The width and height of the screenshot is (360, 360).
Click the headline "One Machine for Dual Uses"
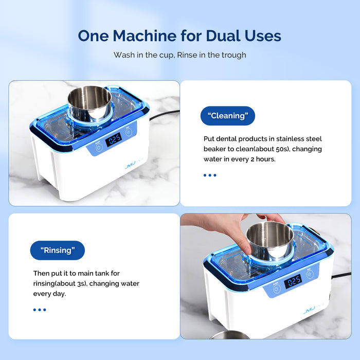[x=179, y=35]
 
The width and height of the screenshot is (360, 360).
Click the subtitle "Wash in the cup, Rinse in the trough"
[x=179, y=55]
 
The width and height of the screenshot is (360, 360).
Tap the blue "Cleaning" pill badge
[x=227, y=116]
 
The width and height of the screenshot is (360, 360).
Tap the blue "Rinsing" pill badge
[x=57, y=250]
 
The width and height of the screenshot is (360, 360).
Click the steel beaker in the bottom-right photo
[x=269, y=240]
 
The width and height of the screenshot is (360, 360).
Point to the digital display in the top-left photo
[x=113, y=138]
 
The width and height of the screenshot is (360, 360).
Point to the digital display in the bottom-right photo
[x=293, y=281]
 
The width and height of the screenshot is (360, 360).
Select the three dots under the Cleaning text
[x=209, y=175]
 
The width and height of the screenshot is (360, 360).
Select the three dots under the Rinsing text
[x=40, y=310]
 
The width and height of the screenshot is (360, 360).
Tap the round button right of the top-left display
[x=129, y=132]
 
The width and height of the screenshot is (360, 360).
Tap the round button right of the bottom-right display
[x=310, y=274]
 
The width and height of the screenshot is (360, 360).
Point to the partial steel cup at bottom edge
[x=229, y=335]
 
